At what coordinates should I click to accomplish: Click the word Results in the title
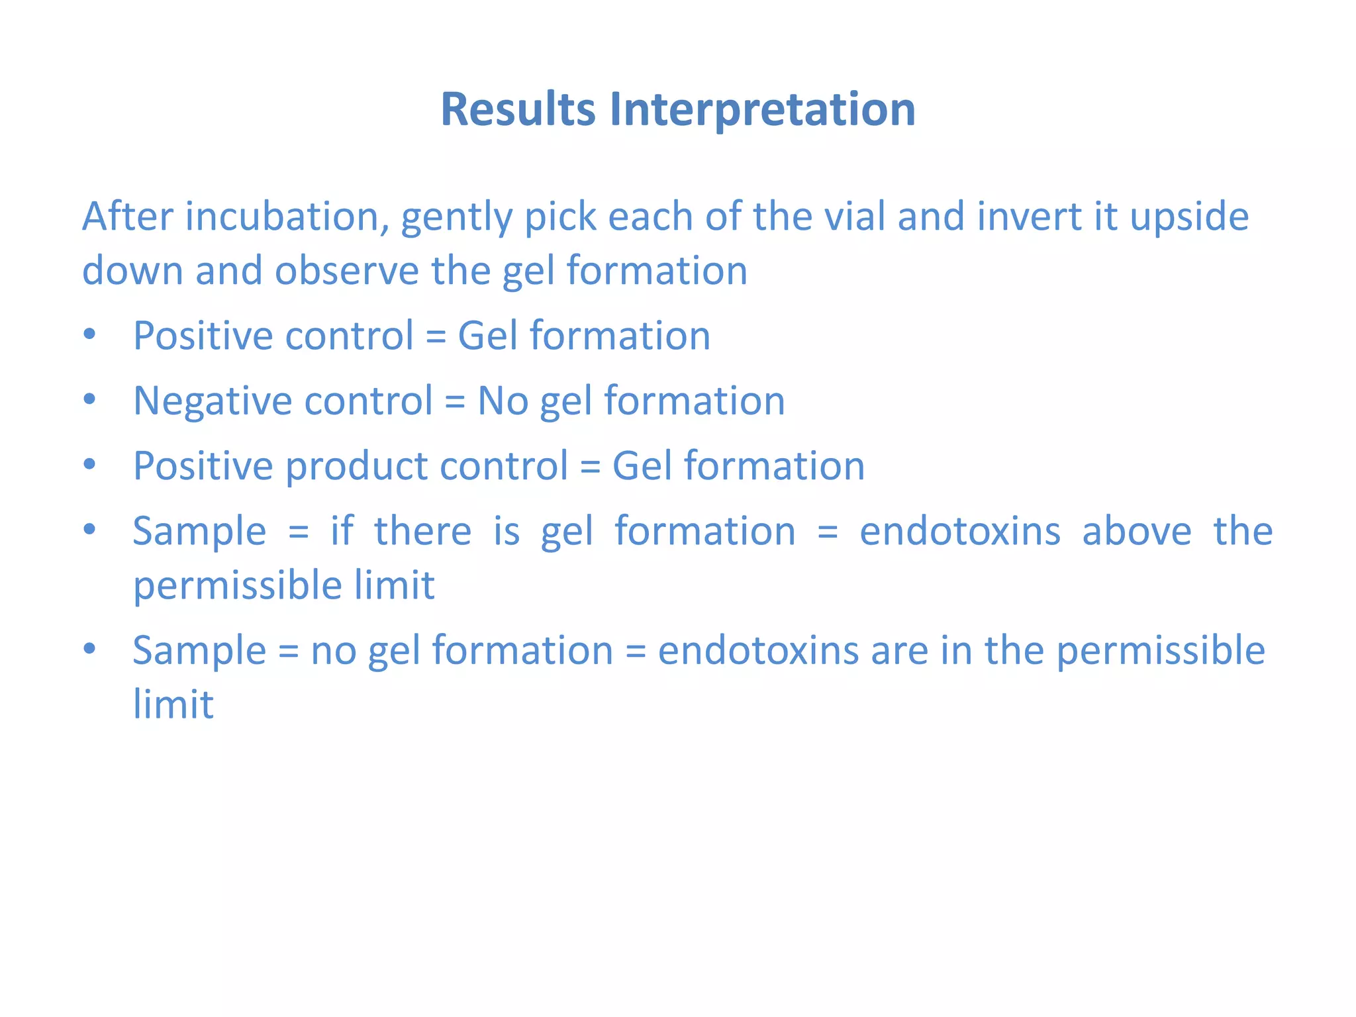[x=518, y=109]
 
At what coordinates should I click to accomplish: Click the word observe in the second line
[x=347, y=271]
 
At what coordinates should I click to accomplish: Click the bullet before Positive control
[x=90, y=334]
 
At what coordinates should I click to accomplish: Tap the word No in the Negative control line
[x=503, y=401]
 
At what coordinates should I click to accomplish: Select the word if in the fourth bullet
[x=342, y=531]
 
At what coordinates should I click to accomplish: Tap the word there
[x=422, y=532]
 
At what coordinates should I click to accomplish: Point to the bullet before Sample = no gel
[x=90, y=649]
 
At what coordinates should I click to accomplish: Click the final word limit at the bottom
[x=173, y=704]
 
